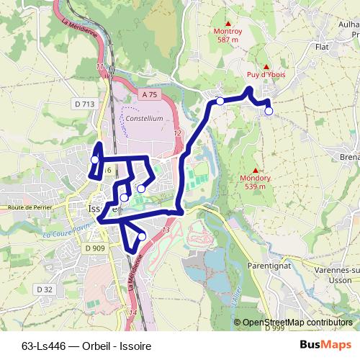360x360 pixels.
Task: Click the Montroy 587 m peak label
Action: (x=228, y=35)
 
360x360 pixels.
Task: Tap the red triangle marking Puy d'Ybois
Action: (x=266, y=66)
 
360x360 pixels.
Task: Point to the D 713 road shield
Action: (x=84, y=104)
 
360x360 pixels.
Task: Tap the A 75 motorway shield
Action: (x=149, y=94)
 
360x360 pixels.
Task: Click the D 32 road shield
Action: (x=45, y=289)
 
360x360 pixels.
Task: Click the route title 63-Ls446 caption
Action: (x=86, y=346)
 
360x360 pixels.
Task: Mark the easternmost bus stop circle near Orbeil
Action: (x=269, y=111)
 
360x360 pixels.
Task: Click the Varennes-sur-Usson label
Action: (x=338, y=274)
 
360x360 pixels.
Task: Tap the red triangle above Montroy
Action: (x=228, y=22)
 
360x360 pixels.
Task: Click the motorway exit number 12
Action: (x=177, y=133)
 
